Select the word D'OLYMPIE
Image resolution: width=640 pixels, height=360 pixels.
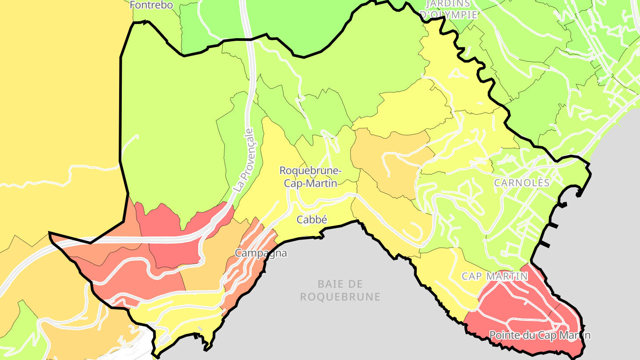point(448,15)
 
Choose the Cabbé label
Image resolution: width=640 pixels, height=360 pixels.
point(312,219)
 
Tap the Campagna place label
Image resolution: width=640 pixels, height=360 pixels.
point(261,253)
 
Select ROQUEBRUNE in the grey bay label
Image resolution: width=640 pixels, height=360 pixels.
point(340,297)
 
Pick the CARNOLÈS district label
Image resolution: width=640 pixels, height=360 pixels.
point(522,183)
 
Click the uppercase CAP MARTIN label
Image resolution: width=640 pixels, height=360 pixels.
point(495,276)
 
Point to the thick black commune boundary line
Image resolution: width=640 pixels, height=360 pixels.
point(121,111)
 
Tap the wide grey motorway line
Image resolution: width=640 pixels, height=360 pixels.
point(147,240)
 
